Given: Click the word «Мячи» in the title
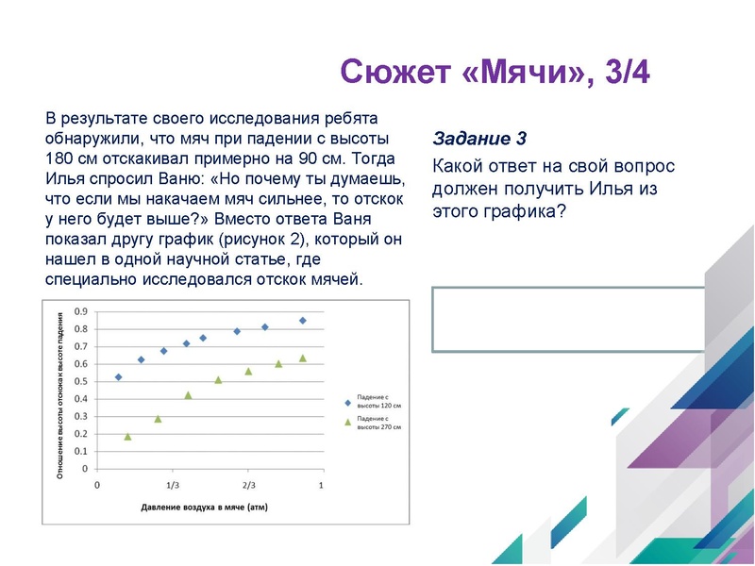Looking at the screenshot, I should pos(520,73).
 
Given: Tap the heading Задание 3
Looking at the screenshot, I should pos(478,139).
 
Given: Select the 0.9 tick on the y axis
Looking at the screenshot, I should pos(81,311).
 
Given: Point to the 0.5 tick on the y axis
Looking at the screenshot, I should pos(81,381).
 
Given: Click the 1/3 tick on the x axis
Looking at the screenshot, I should pos(173,484).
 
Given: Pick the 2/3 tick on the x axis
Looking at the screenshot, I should pos(247,484).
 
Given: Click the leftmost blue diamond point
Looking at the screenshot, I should pos(118,377).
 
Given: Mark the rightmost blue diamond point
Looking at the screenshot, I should pos(303,321).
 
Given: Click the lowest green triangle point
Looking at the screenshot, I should pos(127,437).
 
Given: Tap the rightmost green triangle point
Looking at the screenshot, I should pos(303,358).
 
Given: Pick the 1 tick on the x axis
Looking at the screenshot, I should pos(322,484).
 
